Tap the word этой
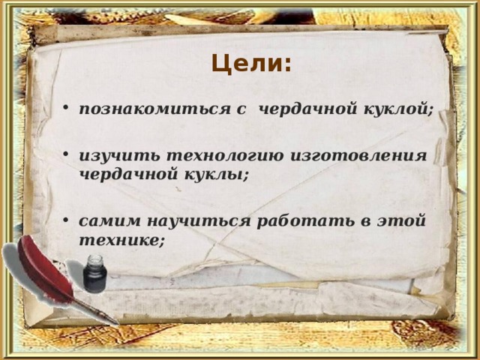pyautogui.click(x=399, y=220)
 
